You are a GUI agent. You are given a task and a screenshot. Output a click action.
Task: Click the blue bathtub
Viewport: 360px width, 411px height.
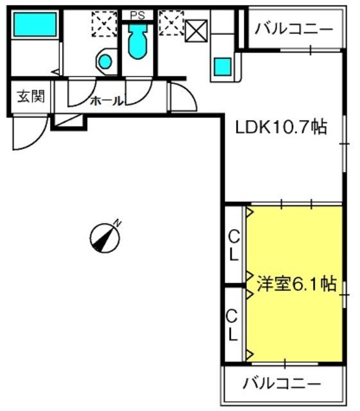pyautogui.click(x=35, y=24)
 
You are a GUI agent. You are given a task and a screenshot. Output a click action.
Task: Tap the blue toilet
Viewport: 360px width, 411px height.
pyautogui.click(x=137, y=41)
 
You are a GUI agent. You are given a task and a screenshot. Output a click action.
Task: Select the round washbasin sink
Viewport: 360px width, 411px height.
pyautogui.click(x=105, y=62)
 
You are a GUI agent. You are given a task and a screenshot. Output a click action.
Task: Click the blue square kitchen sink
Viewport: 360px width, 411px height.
pyautogui.click(x=223, y=66)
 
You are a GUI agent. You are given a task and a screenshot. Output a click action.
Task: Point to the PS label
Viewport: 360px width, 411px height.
pyautogui.click(x=137, y=15)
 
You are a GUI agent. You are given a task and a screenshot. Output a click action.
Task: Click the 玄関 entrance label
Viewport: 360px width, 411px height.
pyautogui.click(x=31, y=97)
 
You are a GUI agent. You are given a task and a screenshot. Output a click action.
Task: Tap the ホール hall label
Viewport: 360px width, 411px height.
pyautogui.click(x=107, y=101)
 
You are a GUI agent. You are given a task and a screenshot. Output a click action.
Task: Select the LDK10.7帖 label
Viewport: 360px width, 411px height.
pyautogui.click(x=282, y=127)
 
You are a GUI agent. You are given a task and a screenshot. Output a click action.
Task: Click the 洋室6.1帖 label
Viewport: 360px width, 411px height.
pyautogui.click(x=296, y=283)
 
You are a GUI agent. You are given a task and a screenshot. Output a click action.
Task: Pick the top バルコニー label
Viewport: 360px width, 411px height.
pyautogui.click(x=294, y=29)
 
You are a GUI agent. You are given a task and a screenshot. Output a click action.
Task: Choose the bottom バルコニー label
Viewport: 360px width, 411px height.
pyautogui.click(x=282, y=384)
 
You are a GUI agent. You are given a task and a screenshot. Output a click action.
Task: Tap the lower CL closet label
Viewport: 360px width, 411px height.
pyautogui.click(x=232, y=325)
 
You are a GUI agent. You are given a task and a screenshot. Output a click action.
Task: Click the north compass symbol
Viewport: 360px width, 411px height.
pyautogui.click(x=105, y=238)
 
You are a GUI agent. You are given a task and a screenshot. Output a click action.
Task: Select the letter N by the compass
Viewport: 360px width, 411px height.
pyautogui.click(x=117, y=223)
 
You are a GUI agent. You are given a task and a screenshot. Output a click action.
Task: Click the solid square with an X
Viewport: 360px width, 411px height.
pyautogui.click(x=196, y=31)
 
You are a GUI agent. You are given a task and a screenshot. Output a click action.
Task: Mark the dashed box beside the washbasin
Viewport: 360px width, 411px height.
pyautogui.click(x=105, y=23)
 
